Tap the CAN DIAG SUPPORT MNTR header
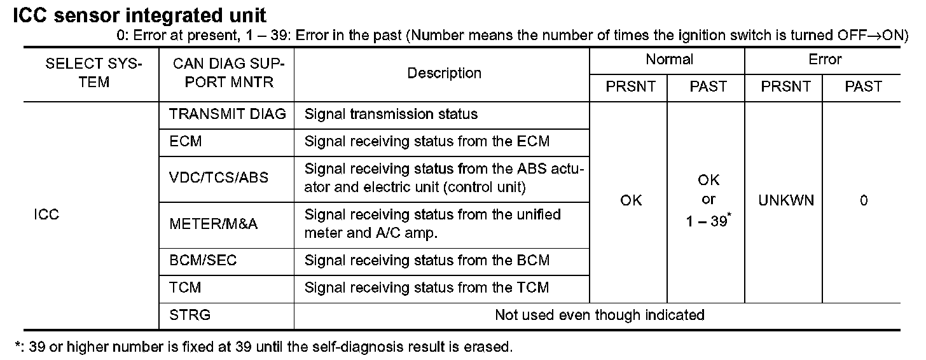227,73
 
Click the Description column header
444,73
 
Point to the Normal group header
669,60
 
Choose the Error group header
825,60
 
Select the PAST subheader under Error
863,87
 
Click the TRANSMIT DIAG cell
228,114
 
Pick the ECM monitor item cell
186,141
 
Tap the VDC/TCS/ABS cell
219,177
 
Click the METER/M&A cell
213,223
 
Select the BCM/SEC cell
203,260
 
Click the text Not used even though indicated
599,314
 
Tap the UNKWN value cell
786,201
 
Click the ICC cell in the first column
46,214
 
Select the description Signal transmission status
391,114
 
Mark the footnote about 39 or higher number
263,347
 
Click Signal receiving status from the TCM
426,287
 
